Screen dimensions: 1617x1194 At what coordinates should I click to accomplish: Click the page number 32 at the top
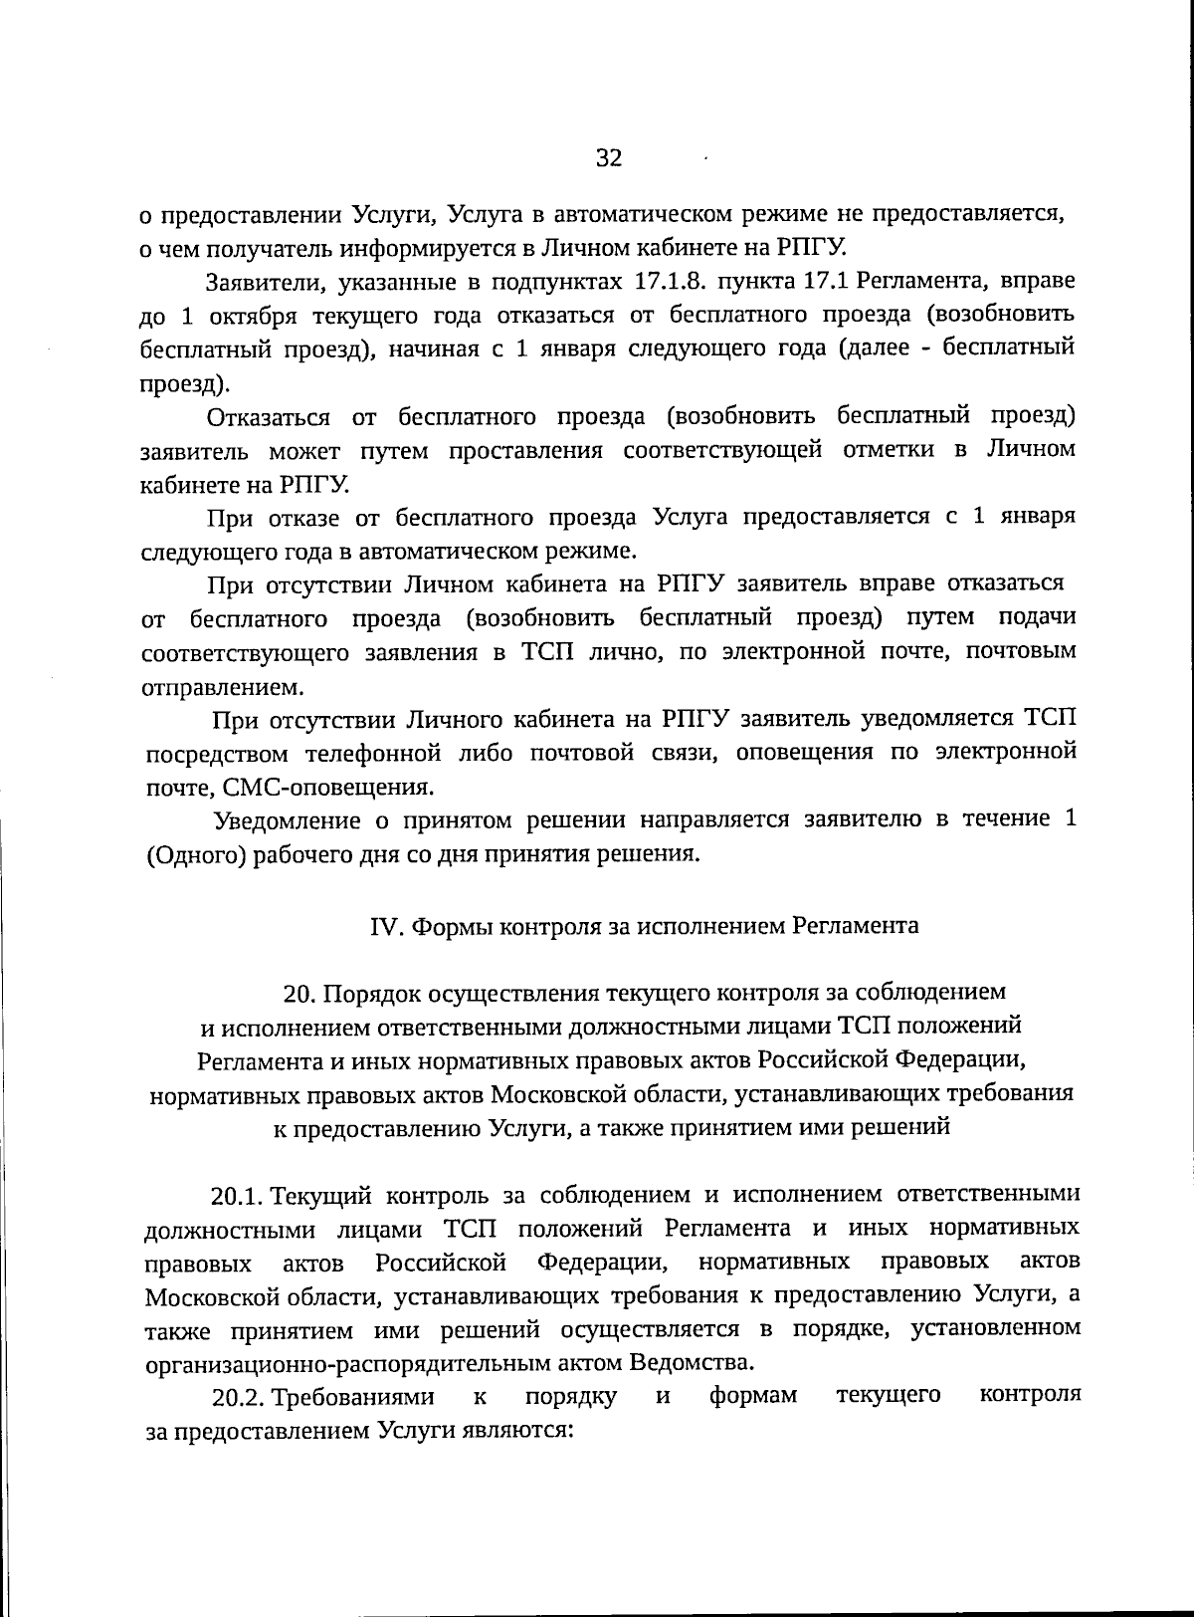pos(608,158)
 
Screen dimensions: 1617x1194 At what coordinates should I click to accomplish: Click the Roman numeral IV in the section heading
pos(385,925)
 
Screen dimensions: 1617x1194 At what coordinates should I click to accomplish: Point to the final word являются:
pos(518,1431)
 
